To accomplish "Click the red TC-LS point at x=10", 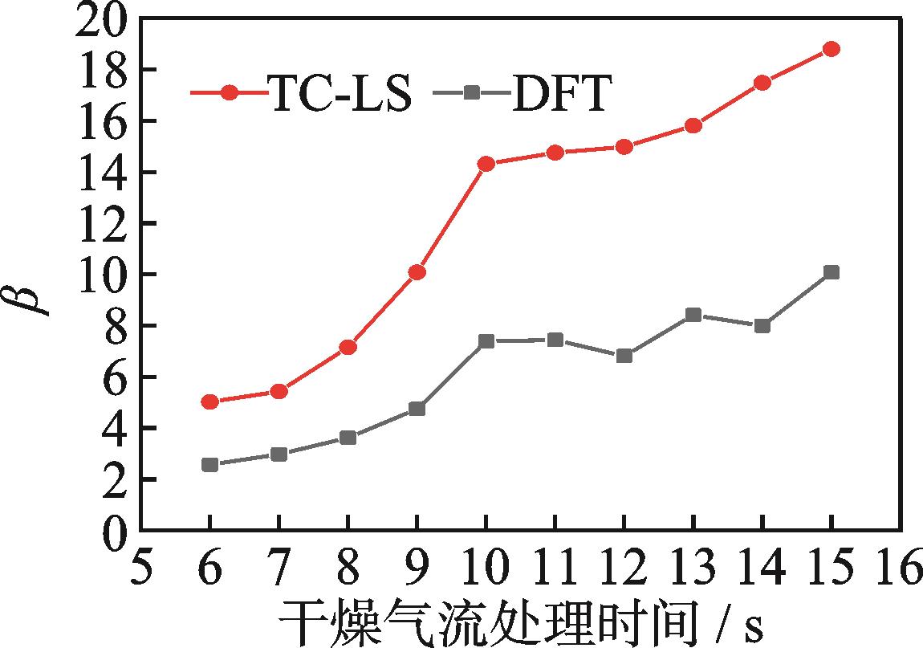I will [x=486, y=164].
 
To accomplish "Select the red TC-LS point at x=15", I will [x=832, y=49].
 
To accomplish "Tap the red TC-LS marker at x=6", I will [x=210, y=401].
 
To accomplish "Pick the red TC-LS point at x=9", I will [x=417, y=273].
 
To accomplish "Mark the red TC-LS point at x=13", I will [x=693, y=125].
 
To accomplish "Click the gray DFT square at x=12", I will [x=624, y=356].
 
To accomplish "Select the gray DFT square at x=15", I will [x=832, y=273].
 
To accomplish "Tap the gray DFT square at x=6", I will [x=210, y=465].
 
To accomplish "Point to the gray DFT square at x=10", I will [x=486, y=341].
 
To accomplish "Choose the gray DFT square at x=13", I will [x=693, y=315].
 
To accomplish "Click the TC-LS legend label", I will [x=340, y=96].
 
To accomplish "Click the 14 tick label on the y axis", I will [x=100, y=172].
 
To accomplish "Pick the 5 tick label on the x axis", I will [x=141, y=571].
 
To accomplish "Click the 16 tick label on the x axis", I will [x=900, y=571].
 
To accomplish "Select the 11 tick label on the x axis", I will [x=555, y=571].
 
